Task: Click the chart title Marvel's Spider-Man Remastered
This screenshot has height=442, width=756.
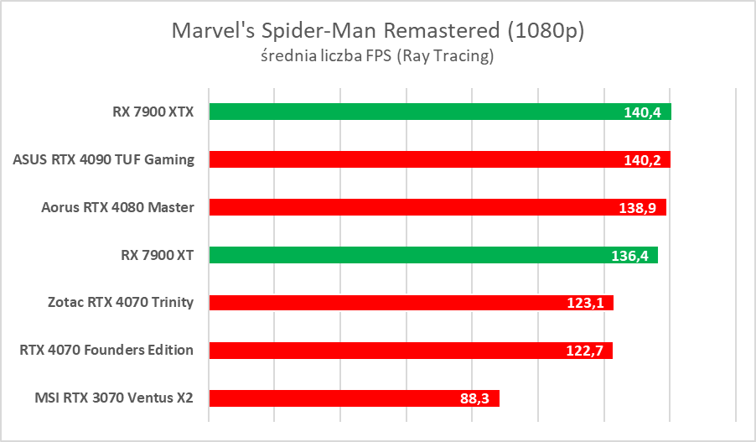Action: click(377, 31)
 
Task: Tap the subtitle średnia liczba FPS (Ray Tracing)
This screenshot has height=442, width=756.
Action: click(377, 57)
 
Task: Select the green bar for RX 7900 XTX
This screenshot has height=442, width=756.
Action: click(411, 112)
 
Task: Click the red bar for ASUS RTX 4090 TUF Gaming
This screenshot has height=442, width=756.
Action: click(411, 159)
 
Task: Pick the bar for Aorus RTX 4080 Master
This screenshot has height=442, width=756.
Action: click(411, 207)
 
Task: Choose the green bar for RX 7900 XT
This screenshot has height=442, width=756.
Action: click(411, 255)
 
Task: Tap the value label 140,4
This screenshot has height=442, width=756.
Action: click(643, 112)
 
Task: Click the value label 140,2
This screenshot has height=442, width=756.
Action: click(642, 160)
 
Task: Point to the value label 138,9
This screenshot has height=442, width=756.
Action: click(639, 208)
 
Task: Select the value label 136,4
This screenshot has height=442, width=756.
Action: click(630, 256)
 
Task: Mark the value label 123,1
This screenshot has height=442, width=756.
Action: click(586, 304)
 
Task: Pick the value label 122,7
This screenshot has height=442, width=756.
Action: click(585, 351)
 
